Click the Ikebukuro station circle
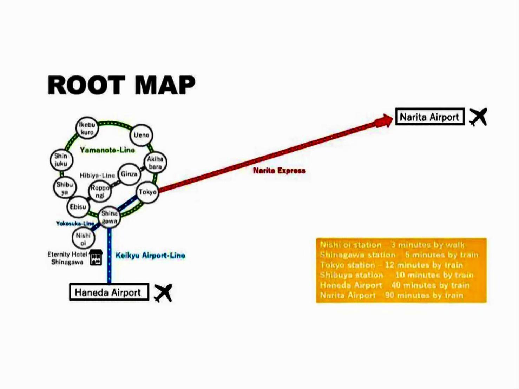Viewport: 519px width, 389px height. click(87, 128)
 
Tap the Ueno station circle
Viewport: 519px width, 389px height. click(141, 135)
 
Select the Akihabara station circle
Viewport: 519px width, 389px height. click(155, 163)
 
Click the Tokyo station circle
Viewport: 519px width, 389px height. click(147, 192)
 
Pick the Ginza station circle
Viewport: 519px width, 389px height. click(129, 174)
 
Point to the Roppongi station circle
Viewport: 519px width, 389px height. click(100, 192)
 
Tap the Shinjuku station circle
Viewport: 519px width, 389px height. click(61, 160)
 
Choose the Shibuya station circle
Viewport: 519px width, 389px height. click(65, 188)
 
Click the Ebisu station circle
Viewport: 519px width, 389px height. click(78, 207)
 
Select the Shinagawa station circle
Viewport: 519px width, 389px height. click(109, 217)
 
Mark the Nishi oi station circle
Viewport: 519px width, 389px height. click(83, 239)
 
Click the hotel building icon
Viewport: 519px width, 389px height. click(96, 257)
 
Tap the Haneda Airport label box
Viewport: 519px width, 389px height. click(109, 292)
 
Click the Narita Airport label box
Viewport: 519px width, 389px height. click(430, 117)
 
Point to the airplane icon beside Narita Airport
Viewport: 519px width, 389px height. click(478, 117)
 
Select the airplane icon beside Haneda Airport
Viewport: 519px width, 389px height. click(163, 292)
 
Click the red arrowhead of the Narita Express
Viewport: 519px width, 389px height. click(384, 121)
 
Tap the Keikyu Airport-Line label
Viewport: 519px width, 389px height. click(150, 255)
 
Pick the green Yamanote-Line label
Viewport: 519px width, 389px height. click(107, 150)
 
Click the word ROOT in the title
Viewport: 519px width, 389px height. click(86, 85)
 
